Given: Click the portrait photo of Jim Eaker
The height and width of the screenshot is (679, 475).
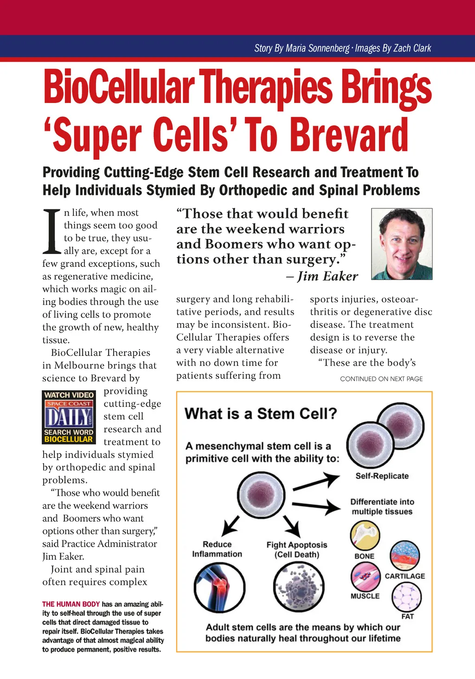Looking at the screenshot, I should [x=402, y=244].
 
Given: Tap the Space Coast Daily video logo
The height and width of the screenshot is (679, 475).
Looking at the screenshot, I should [x=69, y=417].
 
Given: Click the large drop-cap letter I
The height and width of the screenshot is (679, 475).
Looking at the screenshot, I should [x=52, y=232].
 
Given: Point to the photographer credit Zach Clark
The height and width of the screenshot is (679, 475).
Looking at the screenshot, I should [x=412, y=48].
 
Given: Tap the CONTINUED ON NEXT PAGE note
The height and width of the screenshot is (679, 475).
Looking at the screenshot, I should [x=381, y=379].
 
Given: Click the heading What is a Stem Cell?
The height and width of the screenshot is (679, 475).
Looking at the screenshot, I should [x=261, y=414].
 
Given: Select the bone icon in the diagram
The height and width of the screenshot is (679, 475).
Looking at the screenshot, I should [x=365, y=535].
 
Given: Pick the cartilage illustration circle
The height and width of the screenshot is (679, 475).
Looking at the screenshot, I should [x=404, y=556].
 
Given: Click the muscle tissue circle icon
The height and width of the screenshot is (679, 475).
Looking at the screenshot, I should [x=365, y=576].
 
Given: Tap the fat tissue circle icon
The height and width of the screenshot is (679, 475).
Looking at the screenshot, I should [x=407, y=597].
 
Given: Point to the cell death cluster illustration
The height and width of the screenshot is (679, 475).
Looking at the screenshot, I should [x=298, y=587].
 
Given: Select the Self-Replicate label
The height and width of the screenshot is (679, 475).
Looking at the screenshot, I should [x=382, y=476].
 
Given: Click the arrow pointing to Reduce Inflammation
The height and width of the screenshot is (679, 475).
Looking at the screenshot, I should [x=231, y=526].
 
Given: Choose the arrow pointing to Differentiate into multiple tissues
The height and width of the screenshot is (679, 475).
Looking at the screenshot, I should [x=316, y=506].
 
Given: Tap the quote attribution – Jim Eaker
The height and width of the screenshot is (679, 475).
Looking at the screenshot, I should [x=322, y=276].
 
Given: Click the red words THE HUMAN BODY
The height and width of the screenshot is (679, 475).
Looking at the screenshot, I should [x=71, y=604].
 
